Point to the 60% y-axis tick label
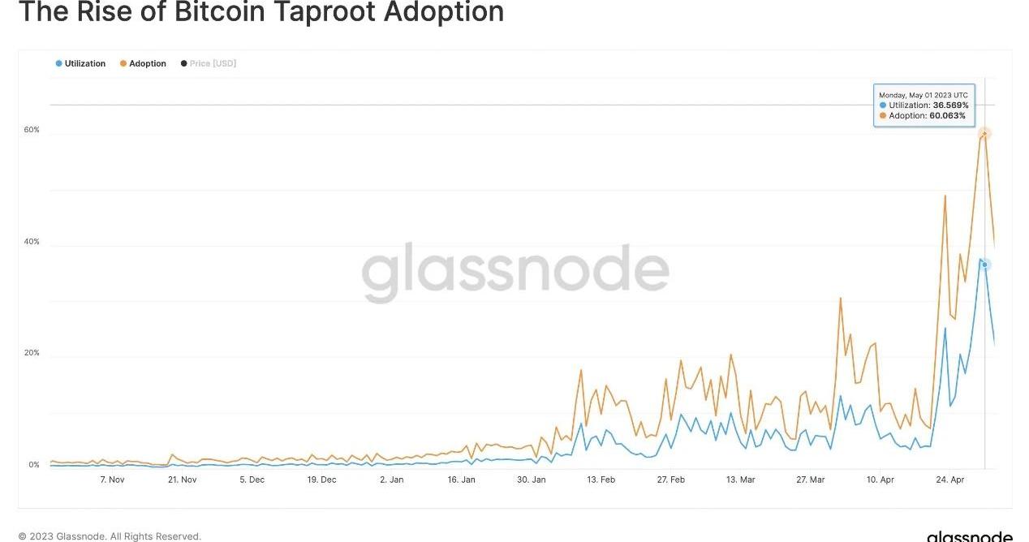pos(32,130)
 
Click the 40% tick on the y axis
pos(32,242)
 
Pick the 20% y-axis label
pos(32,354)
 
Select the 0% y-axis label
pos(34,465)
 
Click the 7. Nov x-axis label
pos(112,480)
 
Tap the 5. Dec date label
pos(252,480)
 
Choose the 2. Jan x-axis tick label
pos(391,480)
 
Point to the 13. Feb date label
pos(601,480)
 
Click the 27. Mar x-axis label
pos(810,480)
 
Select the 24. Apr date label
pos(951,480)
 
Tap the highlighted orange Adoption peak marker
pos(984,133)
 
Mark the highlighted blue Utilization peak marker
pos(984,265)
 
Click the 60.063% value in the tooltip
pos(947,115)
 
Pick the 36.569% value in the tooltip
pos(949,105)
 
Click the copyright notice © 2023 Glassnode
pos(110,536)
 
